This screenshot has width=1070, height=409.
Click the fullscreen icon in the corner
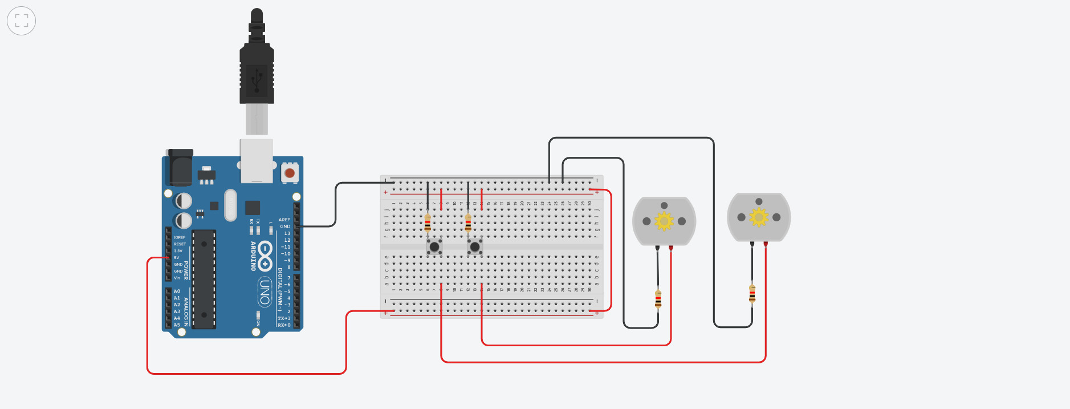point(22,21)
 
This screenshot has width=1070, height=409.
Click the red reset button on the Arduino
point(290,172)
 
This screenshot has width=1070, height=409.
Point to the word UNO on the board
point(265,291)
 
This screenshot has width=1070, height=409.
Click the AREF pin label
point(284,220)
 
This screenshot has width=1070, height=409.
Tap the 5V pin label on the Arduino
point(177,258)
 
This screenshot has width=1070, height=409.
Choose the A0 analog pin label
point(177,291)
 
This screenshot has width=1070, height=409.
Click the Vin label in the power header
point(177,278)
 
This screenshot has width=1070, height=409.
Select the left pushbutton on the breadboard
point(434,247)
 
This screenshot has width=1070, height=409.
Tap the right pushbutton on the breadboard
point(475,247)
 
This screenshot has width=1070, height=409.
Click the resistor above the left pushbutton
point(428,223)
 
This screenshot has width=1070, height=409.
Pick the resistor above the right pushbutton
point(468,223)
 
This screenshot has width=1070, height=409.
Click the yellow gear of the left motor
point(664,221)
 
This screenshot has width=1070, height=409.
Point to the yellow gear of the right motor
point(759,217)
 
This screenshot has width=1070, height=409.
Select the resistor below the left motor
point(658,298)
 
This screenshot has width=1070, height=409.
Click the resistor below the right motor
point(752,293)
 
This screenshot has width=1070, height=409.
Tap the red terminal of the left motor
point(671,248)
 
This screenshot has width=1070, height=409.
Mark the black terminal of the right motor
point(752,244)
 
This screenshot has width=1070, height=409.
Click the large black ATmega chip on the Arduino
point(204,280)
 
